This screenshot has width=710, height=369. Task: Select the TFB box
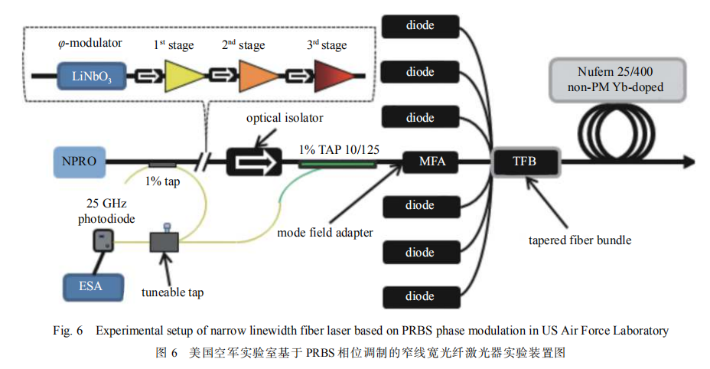pos(526,162)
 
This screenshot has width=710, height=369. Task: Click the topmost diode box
pos(420,26)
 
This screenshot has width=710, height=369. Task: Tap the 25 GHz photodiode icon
pos(101,243)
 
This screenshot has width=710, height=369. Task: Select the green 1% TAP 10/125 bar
pos(337,162)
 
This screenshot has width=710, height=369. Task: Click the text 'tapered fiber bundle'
pos(579,240)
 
